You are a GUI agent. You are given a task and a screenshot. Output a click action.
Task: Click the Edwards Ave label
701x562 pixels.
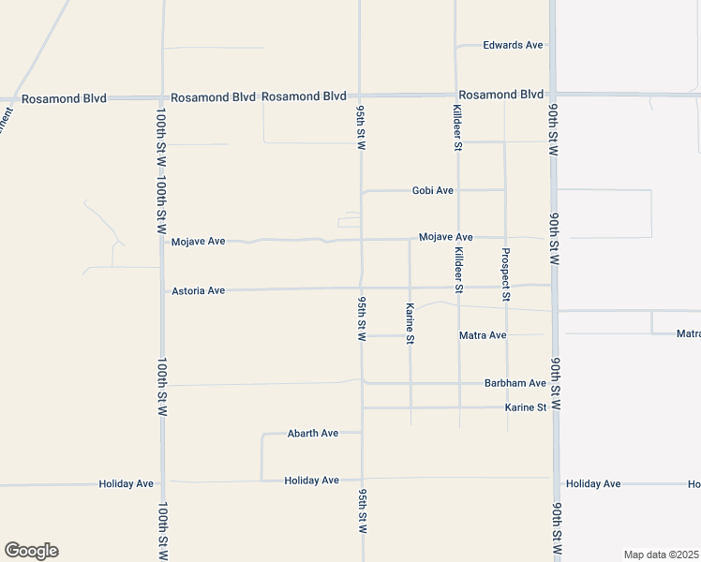pyautogui.click(x=513, y=45)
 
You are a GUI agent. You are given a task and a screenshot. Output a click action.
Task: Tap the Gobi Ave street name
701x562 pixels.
pyautogui.click(x=432, y=190)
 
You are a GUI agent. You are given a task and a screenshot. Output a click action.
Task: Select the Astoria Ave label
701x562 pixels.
pyautogui.click(x=198, y=291)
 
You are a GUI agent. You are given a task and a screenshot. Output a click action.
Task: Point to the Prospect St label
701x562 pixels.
pyautogui.click(x=506, y=274)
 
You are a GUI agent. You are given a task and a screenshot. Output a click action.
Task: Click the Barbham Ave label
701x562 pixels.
pyautogui.click(x=515, y=383)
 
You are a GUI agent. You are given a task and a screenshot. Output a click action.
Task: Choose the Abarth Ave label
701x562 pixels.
pyautogui.click(x=313, y=434)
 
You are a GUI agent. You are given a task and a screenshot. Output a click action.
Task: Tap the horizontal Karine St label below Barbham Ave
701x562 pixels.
pyautogui.click(x=525, y=407)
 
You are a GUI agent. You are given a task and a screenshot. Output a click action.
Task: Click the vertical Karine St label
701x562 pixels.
pyautogui.click(x=410, y=323)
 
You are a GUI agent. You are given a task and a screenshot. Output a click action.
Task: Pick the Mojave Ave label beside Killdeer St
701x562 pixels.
pyautogui.click(x=445, y=238)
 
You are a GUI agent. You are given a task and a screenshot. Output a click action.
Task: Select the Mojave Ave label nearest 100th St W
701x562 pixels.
pyautogui.click(x=198, y=242)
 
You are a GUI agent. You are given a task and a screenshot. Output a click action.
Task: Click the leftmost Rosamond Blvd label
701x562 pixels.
pyautogui.click(x=64, y=97)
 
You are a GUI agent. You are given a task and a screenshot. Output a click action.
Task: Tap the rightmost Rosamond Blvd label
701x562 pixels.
pyautogui.click(x=500, y=95)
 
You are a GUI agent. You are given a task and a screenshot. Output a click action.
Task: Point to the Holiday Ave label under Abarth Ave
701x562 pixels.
pyautogui.click(x=311, y=481)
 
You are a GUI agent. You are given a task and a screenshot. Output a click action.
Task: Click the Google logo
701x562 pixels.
pyautogui.click(x=31, y=551)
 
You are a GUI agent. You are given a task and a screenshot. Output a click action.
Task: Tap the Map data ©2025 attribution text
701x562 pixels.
pyautogui.click(x=661, y=555)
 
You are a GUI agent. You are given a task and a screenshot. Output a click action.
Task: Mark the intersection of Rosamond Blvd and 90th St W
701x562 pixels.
pyautogui.click(x=553, y=94)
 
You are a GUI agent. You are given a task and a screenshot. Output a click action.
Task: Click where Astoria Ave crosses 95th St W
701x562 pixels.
pyautogui.click(x=362, y=288)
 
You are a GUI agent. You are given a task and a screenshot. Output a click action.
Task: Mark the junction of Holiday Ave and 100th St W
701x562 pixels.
pyautogui.click(x=162, y=483)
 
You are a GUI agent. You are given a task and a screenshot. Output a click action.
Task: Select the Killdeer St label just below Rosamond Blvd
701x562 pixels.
pyautogui.click(x=457, y=127)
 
